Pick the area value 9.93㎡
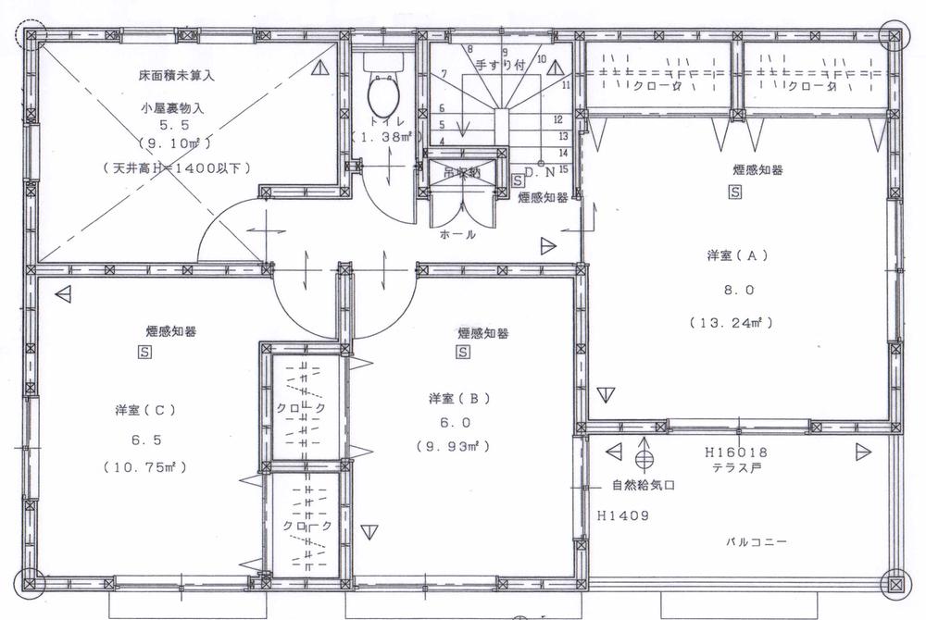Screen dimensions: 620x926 pos(453,445)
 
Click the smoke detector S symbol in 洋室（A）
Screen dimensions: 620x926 pos(735,192)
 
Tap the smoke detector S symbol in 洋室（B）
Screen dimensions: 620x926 pos(462,353)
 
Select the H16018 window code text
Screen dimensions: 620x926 pos(736,453)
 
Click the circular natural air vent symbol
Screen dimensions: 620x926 pos(644,457)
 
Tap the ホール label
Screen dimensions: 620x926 pos(459,235)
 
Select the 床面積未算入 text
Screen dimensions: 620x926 pos(172,71)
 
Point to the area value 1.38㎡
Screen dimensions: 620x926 pos(383,137)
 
